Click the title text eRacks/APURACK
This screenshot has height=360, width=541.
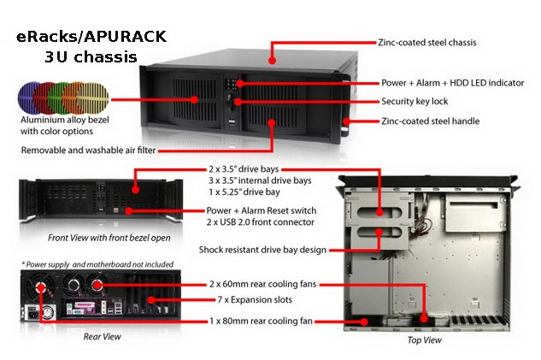point(91,37)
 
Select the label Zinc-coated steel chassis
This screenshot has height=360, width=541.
point(427,43)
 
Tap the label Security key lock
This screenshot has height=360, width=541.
point(415,102)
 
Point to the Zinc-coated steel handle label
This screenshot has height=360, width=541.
point(431,121)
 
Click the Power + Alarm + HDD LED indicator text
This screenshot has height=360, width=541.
point(453,83)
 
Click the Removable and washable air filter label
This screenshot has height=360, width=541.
point(88,150)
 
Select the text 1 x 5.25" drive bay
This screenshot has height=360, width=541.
point(244,192)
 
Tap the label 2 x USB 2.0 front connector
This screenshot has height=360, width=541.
point(261,222)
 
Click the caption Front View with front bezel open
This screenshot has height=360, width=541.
point(109,238)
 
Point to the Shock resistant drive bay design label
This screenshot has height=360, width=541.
point(262,250)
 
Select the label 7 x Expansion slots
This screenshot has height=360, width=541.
point(255,299)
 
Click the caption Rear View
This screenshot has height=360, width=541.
point(102,337)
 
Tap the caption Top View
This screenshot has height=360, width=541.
point(425,340)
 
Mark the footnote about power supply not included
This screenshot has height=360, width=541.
point(97,264)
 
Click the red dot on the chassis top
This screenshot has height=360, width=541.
point(273,61)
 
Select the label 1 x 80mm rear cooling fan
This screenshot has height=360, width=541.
point(262,321)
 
